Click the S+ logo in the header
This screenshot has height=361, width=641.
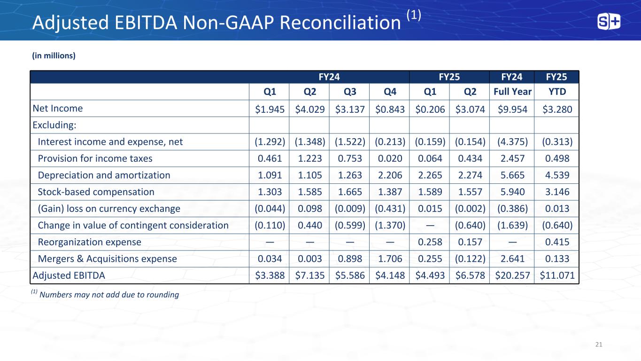609,22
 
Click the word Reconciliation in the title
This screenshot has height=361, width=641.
340,23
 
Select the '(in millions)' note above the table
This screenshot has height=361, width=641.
54,55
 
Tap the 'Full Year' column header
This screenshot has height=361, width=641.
512,92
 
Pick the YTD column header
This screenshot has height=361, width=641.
557,92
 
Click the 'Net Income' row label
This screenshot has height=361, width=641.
57,108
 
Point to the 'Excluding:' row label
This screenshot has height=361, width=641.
54,125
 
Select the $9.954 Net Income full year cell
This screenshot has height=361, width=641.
512,109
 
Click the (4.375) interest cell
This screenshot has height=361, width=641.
512,142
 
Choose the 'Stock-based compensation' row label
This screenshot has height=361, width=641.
96,192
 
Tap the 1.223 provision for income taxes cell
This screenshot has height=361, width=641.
309,158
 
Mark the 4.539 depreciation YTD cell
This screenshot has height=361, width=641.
557,175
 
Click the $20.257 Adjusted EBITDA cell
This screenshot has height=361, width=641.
512,275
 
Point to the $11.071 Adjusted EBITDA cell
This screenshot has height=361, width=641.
557,275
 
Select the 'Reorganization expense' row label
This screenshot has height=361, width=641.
89,243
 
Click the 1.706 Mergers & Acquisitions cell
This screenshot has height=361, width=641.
390,259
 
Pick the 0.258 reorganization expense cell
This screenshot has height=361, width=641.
430,242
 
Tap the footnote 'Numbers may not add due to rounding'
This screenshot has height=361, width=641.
109,295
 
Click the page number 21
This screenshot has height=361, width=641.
599,345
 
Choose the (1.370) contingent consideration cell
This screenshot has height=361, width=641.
390,226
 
